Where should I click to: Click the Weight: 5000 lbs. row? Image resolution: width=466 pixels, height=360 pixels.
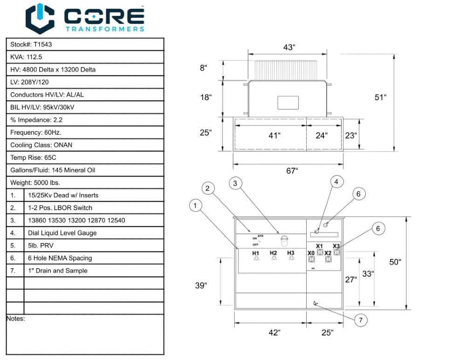[35, 183]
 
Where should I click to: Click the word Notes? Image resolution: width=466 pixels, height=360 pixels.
[15, 319]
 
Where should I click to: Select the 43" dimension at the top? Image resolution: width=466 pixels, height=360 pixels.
[289, 48]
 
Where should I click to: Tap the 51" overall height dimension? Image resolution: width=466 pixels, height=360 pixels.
[380, 97]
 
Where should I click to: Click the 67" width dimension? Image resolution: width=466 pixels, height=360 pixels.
[292, 171]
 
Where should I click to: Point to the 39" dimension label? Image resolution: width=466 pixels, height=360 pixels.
[200, 285]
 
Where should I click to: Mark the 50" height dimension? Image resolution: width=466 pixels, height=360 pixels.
[395, 262]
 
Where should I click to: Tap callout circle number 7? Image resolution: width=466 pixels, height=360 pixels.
[361, 320]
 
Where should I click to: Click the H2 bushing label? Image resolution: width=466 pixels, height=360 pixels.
[274, 253]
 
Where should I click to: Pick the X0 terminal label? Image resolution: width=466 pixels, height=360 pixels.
[311, 253]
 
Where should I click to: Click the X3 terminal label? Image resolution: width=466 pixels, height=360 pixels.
[336, 246]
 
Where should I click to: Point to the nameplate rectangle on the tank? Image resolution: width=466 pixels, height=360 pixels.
[288, 102]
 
